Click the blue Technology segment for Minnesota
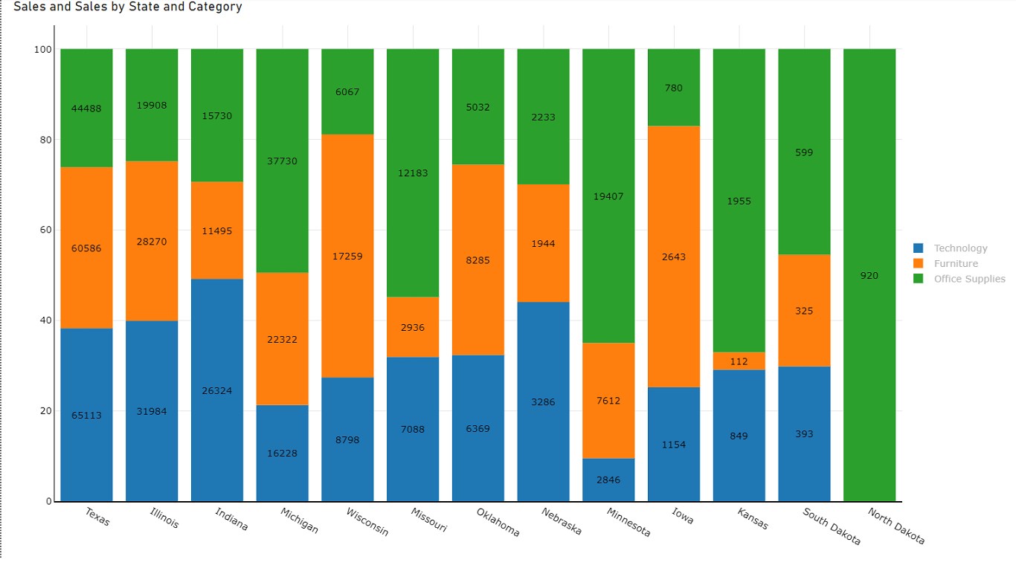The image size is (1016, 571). pos(608,480)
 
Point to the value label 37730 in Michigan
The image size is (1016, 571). pos(282,161)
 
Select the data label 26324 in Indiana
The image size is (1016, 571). pos(216,390)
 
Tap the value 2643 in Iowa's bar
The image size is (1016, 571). pos(674,257)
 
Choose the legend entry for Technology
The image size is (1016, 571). pos(960,248)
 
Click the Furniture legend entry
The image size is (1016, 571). pos(956,263)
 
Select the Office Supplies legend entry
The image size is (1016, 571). pos(969,279)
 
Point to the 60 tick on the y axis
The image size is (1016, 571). pos(45,230)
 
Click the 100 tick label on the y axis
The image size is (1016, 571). pos(42,50)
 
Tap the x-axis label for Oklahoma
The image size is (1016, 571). pos(498,522)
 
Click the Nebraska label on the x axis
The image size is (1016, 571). pos(562,522)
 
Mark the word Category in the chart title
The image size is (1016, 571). pos(216,7)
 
